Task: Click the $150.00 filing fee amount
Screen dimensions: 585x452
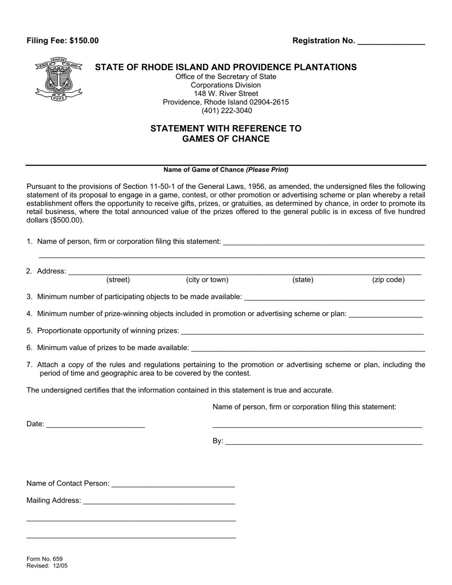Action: (x=84, y=41)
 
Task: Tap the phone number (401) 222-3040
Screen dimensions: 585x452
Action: (x=226, y=111)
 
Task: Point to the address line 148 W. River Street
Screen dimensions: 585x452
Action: (x=226, y=94)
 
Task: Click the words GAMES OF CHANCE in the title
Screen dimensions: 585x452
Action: (x=226, y=139)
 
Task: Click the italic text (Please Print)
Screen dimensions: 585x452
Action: (x=267, y=170)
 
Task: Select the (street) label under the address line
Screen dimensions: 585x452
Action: (x=118, y=280)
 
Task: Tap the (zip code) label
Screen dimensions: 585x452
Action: (x=388, y=280)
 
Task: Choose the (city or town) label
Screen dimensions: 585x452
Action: (x=207, y=280)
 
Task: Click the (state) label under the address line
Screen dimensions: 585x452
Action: (x=303, y=280)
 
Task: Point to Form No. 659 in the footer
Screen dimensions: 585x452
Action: (x=45, y=559)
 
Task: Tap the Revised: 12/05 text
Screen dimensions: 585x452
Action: (x=47, y=566)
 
